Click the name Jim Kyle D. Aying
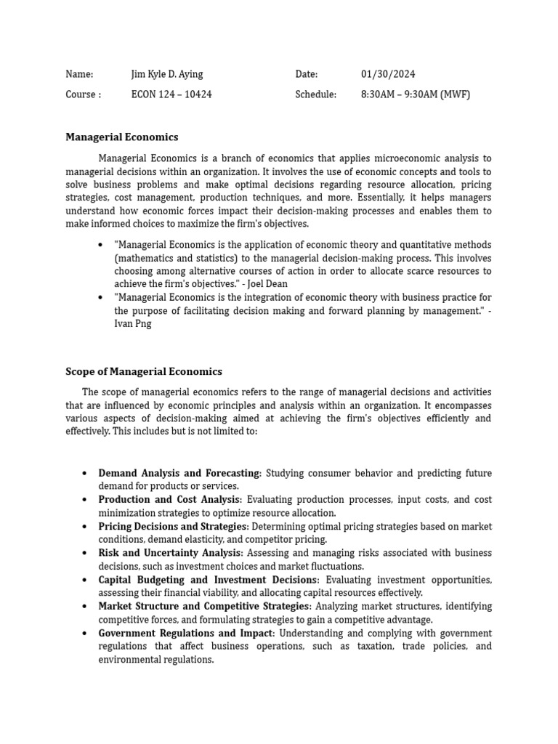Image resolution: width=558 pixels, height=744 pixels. pyautogui.click(x=166, y=74)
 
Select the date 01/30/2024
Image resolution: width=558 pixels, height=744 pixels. pyautogui.click(x=388, y=74)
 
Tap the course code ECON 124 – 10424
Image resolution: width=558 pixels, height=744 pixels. pyautogui.click(x=171, y=94)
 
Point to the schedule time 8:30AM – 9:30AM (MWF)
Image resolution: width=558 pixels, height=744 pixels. pyautogui.click(x=415, y=94)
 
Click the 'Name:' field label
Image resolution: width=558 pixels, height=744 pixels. pyautogui.click(x=79, y=74)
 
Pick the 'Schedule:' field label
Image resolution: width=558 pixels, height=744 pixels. pyautogui.click(x=315, y=94)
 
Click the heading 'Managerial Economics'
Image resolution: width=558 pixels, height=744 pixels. pyautogui.click(x=121, y=137)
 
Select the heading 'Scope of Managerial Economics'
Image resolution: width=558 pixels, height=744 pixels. pyautogui.click(x=144, y=371)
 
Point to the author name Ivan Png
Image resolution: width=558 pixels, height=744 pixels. pyautogui.click(x=133, y=324)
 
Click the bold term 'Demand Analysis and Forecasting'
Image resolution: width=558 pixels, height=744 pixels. pyautogui.click(x=179, y=473)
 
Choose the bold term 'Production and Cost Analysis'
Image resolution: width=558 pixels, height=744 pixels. pyautogui.click(x=169, y=500)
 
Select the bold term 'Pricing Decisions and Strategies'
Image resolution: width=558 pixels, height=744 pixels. pyautogui.click(x=173, y=526)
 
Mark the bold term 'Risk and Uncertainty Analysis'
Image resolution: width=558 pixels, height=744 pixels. pyautogui.click(x=169, y=553)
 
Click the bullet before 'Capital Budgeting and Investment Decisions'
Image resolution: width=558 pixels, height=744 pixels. pyautogui.click(x=84, y=580)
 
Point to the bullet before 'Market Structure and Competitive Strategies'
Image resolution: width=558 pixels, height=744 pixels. pyautogui.click(x=84, y=607)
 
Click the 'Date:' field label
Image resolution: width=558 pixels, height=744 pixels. pyautogui.click(x=307, y=74)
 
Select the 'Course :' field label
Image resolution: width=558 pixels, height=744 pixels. pyautogui.click(x=83, y=94)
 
